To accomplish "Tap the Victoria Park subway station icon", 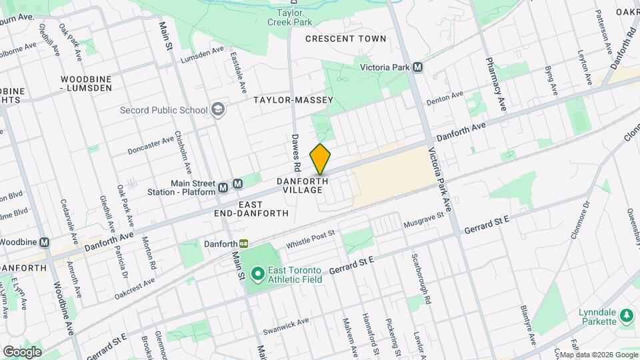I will [418, 67].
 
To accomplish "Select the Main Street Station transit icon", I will [238, 184].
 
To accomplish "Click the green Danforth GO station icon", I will [245, 245].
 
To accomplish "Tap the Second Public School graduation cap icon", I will [217, 109].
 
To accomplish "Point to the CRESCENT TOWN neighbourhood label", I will [345, 39].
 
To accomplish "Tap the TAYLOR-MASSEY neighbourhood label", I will [293, 100].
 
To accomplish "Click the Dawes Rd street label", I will [296, 151].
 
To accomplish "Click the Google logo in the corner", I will [22, 351].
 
